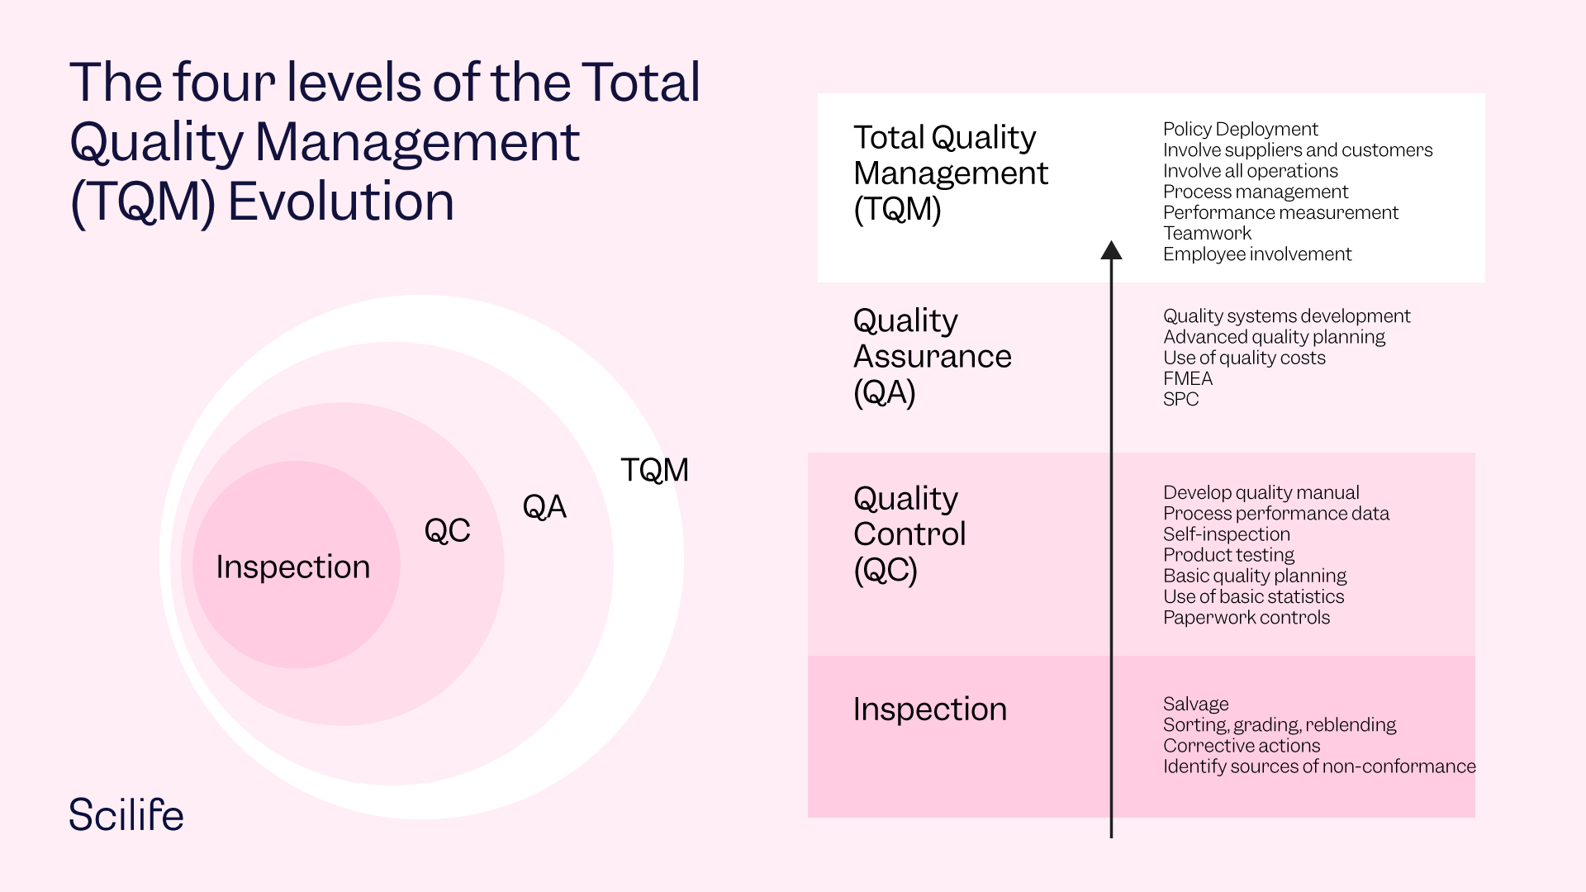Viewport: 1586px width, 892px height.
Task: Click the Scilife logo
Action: [x=126, y=814]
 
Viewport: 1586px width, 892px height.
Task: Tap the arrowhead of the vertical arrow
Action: [x=1111, y=251]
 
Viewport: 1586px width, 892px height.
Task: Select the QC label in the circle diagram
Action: [x=447, y=530]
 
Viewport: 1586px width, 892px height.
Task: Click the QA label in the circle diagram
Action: [x=544, y=506]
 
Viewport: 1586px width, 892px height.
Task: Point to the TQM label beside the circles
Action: [x=654, y=470]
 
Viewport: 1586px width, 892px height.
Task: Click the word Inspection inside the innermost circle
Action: [x=292, y=567]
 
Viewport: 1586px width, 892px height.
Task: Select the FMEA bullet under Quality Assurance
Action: [x=1187, y=378]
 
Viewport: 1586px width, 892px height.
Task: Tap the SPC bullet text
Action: [x=1180, y=399]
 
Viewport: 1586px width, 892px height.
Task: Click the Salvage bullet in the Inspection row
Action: [x=1195, y=704]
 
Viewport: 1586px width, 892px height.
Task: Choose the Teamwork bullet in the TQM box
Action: [x=1207, y=233]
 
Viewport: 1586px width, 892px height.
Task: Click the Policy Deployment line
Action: [x=1240, y=129]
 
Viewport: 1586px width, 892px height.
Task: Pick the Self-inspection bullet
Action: [x=1226, y=534]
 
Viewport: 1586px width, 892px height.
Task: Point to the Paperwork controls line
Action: [x=1246, y=617]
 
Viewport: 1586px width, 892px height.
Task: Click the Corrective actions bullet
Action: [x=1241, y=745]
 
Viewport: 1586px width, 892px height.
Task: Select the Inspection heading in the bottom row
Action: [x=929, y=709]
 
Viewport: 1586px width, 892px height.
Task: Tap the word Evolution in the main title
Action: [x=340, y=202]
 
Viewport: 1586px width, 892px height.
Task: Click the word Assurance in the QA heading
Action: [x=932, y=356]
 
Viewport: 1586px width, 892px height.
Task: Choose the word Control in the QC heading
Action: [x=909, y=534]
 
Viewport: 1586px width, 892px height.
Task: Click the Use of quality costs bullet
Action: [x=1243, y=358]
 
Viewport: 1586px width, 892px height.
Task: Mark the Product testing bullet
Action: [x=1228, y=555]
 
